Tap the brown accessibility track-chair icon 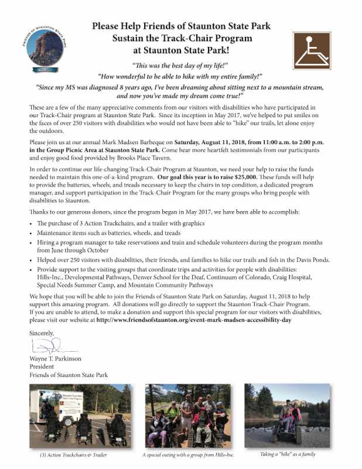tap(311, 49)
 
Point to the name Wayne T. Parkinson tap(55, 358)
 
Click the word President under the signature tap(43, 366)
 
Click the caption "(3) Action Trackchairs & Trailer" tap(76, 455)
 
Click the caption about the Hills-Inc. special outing tap(185, 455)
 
